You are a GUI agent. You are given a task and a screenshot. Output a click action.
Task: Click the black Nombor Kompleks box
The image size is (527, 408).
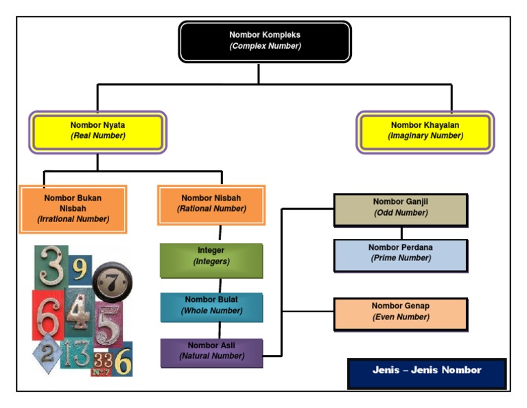265,41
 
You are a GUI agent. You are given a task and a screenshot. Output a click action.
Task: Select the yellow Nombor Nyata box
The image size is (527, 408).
97,131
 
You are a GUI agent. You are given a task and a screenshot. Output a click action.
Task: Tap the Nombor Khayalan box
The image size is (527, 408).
425,131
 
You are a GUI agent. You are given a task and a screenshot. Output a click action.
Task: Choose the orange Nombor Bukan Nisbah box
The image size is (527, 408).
73,209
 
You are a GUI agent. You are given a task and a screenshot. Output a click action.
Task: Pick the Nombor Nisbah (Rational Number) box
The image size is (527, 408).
211,204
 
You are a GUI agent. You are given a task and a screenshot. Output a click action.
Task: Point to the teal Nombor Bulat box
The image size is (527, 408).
211,306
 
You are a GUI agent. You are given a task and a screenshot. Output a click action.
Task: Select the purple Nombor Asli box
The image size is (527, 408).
211,352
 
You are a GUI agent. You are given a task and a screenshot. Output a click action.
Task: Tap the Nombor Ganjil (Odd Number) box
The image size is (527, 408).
401,209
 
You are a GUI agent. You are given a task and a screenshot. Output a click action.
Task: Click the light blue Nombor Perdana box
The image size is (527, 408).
401,254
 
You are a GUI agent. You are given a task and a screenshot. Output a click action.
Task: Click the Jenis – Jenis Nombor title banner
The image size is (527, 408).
427,372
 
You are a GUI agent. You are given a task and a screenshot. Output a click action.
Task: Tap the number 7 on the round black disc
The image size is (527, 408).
113,282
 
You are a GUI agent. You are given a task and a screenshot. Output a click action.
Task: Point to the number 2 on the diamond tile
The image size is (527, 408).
47,354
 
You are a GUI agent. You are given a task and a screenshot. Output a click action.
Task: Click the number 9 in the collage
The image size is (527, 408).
80,269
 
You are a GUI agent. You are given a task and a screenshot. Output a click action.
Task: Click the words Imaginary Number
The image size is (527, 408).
425,136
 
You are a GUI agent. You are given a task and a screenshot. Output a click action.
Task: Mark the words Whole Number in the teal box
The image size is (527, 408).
211,311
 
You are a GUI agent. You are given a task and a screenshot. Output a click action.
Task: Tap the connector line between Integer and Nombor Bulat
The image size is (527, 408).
220,285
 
